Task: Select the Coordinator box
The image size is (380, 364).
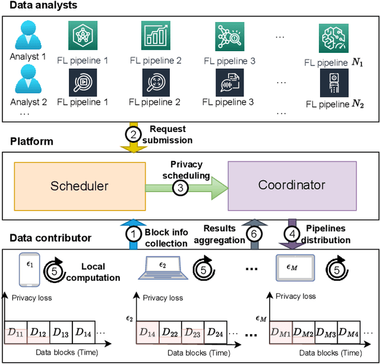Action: (292, 185)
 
